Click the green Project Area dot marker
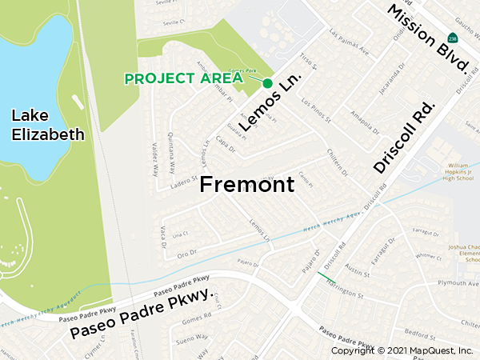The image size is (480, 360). (267, 83)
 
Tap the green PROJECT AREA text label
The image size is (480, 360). (184, 78)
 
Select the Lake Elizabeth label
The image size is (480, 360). (47, 125)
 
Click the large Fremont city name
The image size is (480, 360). (247, 185)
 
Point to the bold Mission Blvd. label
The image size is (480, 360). (426, 38)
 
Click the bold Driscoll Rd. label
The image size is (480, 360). (404, 138)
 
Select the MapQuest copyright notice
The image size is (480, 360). (402, 350)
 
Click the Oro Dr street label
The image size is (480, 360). (186, 253)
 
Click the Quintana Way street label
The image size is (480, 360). (170, 148)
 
